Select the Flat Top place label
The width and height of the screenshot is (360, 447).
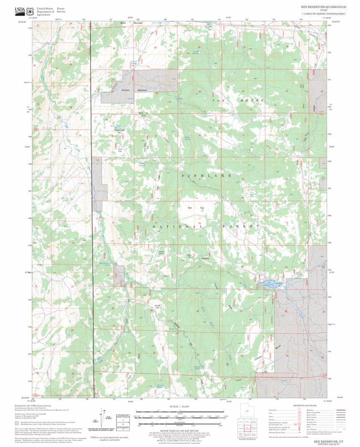[x=195, y=208]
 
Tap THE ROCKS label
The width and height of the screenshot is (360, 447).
[x=238, y=101]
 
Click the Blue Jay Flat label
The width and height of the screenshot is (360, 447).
[x=144, y=114]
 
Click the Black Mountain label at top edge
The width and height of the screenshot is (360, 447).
[x=132, y=23]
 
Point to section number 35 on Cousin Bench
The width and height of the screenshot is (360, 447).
[x=287, y=355]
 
